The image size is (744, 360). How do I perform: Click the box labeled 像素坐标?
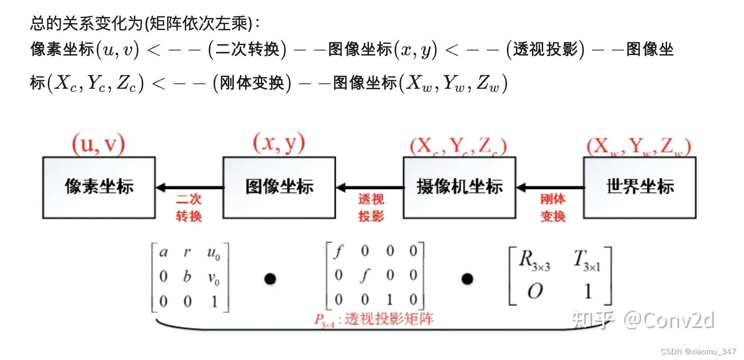coord(99,187)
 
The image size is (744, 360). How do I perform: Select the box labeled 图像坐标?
coord(279,187)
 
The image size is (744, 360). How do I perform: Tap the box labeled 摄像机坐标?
coord(459,187)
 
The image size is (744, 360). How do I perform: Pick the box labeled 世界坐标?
coord(640,187)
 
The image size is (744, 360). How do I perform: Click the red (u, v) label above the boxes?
coord(98,145)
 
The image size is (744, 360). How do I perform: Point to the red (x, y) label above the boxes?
coord(279,144)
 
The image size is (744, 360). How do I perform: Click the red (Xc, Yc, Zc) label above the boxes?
coord(458,147)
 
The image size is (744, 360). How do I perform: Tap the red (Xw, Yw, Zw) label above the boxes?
coord(639,147)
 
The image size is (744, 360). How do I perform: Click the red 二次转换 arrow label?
coord(189,208)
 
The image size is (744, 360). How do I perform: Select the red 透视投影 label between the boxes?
coord(370,208)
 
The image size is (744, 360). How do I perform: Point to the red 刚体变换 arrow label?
coord(553,208)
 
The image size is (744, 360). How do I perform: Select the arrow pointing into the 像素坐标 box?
coord(189,188)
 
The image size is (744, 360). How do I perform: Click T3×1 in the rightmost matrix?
coord(587,261)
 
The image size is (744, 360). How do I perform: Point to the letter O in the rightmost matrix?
coord(535,292)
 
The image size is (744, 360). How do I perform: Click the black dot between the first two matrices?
coord(270,278)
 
